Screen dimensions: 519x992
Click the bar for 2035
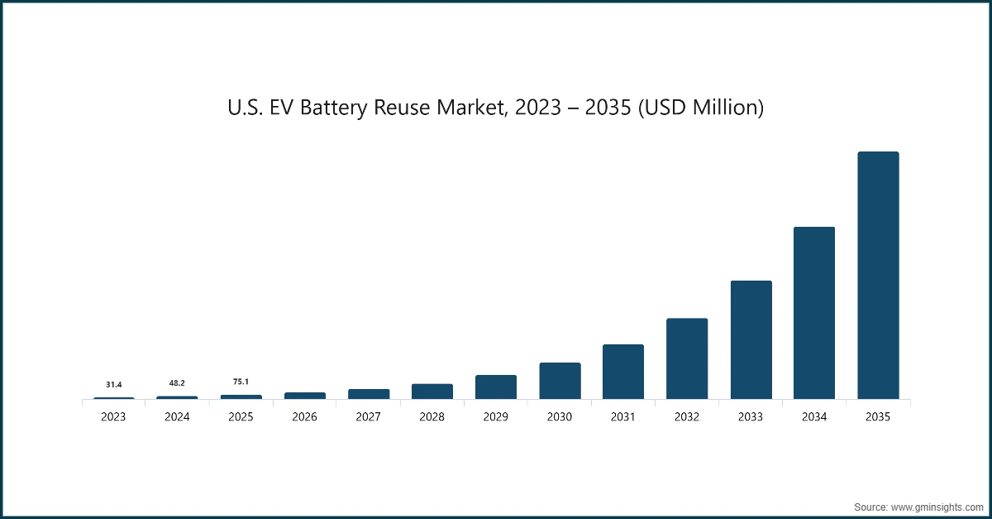(x=878, y=276)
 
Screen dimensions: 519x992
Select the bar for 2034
(x=814, y=313)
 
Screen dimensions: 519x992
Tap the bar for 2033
(x=751, y=340)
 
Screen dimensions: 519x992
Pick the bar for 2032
(x=687, y=358)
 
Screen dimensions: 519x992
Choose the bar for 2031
(x=623, y=372)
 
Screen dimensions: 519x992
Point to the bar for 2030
(x=560, y=381)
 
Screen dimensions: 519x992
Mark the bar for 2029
(x=496, y=387)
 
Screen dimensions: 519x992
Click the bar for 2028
(x=432, y=392)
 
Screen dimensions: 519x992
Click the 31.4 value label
(x=114, y=385)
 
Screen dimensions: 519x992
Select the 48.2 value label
(x=177, y=383)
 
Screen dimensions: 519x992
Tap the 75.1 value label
(x=241, y=382)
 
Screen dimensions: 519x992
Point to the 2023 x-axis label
(x=114, y=417)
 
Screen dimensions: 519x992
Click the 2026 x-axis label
(x=305, y=417)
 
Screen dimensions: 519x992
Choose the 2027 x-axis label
(x=369, y=417)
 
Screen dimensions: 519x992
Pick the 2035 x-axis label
(x=878, y=417)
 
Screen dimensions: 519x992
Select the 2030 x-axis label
(x=560, y=417)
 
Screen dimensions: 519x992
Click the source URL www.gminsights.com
(x=936, y=506)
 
